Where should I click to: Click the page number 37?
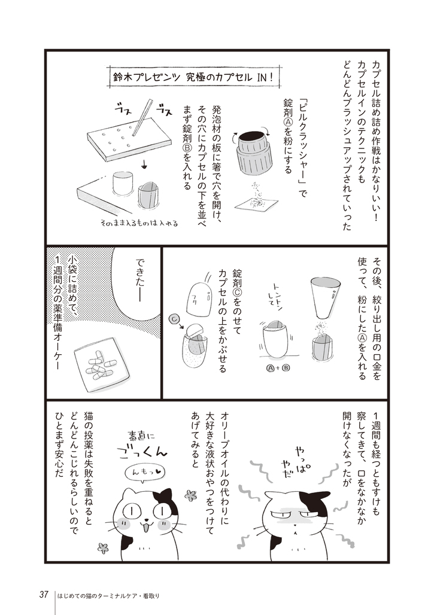[x=43, y=595]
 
